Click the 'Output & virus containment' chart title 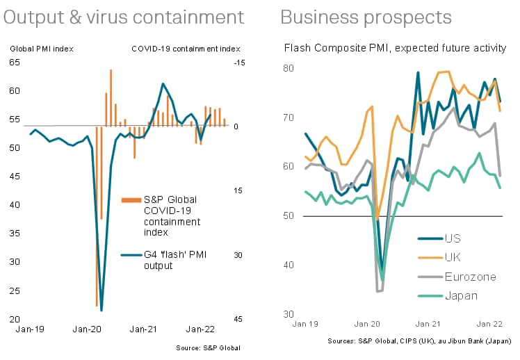click(x=124, y=17)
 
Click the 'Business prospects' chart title click(x=366, y=17)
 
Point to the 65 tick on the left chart click(x=15, y=63)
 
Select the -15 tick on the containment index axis click(x=238, y=63)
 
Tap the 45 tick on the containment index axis click(x=238, y=320)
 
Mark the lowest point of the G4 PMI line click(x=101, y=311)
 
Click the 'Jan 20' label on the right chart click(x=368, y=324)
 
